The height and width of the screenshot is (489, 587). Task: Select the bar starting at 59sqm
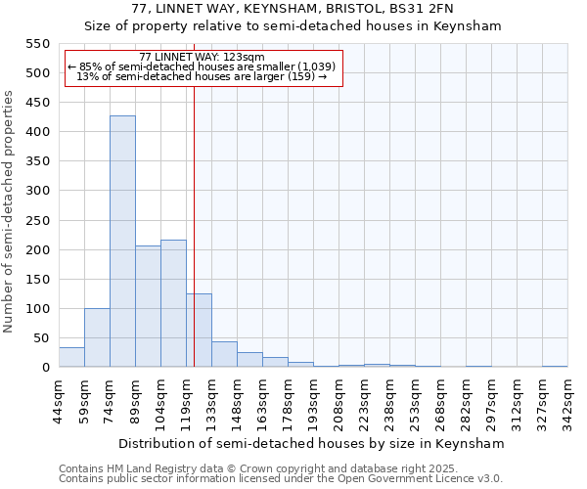point(97,337)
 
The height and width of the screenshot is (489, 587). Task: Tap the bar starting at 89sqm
point(148,306)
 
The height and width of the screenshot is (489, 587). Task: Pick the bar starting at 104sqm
point(173,303)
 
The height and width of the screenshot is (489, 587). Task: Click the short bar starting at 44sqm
point(71,357)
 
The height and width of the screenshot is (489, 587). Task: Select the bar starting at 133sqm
point(224,354)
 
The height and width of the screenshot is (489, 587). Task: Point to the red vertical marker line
point(195,215)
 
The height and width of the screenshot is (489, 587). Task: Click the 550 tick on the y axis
point(37,44)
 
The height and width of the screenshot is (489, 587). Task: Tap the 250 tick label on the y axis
point(37,220)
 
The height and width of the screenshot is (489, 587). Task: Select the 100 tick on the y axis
point(37,309)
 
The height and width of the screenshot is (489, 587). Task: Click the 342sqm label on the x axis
point(568,401)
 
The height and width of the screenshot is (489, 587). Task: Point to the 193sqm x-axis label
point(314,401)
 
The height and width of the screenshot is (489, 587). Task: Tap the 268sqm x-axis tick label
point(441,401)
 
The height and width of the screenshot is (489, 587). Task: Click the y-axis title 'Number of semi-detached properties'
point(9,211)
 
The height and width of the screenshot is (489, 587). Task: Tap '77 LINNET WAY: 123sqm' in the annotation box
point(202,58)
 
